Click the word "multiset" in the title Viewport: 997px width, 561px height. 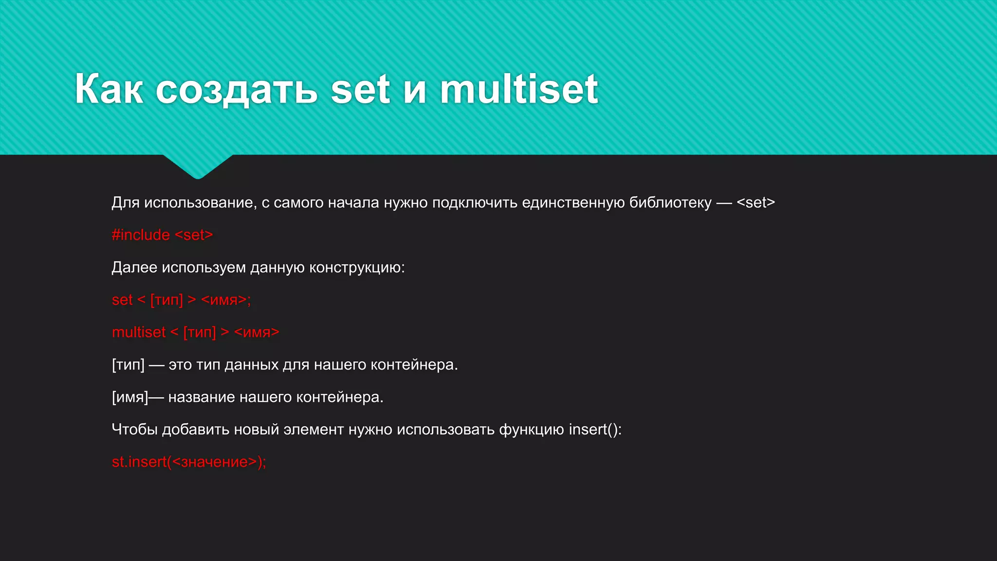(x=519, y=89)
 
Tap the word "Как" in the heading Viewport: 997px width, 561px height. (x=109, y=89)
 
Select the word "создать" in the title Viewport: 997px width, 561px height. (x=237, y=90)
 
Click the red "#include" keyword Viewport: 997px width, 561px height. (x=141, y=235)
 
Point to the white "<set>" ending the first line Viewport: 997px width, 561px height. (x=756, y=202)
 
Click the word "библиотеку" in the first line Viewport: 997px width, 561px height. (x=670, y=202)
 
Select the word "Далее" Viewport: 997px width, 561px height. (x=134, y=267)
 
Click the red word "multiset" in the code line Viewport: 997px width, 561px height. (x=139, y=332)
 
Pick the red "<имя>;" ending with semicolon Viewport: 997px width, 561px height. (x=226, y=299)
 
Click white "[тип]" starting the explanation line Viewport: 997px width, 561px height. (x=128, y=365)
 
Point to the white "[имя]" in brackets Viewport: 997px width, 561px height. (x=129, y=397)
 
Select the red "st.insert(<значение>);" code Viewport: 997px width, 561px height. (x=189, y=462)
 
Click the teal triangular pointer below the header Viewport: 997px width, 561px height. (x=198, y=166)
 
